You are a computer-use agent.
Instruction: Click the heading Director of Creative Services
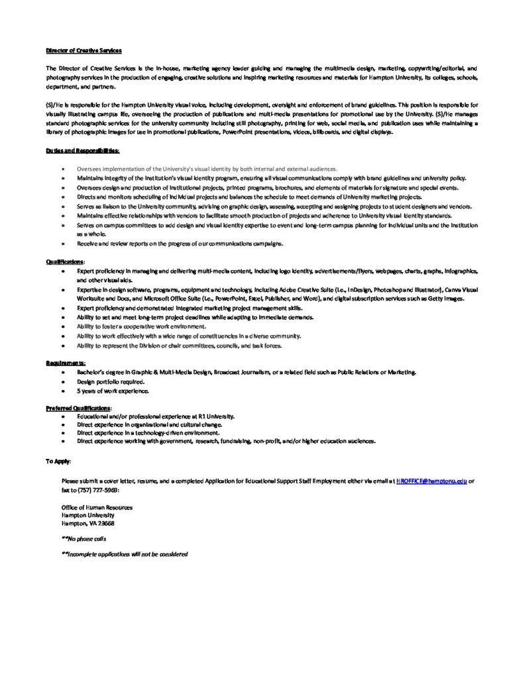point(83,50)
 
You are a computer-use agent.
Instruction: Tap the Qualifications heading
point(65,262)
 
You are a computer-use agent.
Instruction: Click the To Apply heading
point(58,460)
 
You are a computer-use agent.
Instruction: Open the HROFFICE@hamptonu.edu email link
point(431,481)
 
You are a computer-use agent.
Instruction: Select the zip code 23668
point(104,523)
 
